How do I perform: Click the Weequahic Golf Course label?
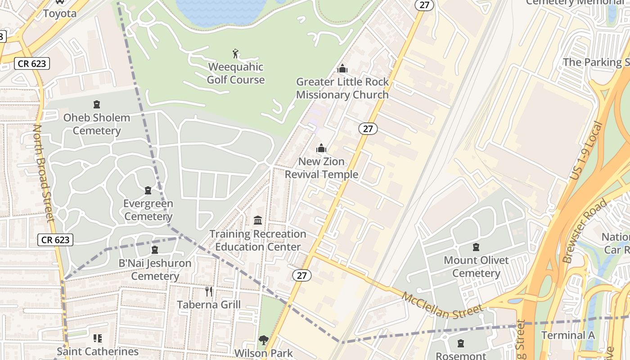coord(236,73)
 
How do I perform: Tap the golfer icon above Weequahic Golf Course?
coord(235,54)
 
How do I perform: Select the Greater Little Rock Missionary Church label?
coord(342,88)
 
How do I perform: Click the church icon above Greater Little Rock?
coord(342,69)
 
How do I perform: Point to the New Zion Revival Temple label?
coord(321,168)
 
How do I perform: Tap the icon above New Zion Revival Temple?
coord(321,148)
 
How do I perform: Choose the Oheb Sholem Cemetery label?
coord(96,124)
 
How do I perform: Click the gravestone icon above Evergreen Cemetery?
coord(148,191)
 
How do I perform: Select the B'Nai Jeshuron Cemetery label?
coord(155,269)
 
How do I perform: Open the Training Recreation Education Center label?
coord(258,240)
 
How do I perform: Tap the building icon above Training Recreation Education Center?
coord(258,220)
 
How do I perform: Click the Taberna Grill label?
coord(209,305)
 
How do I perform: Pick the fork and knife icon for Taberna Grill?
coord(209,291)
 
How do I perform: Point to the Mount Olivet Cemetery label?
coord(476,266)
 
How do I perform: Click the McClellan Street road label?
coord(442,306)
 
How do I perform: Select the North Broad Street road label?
coord(44,173)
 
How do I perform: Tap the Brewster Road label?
coord(585,230)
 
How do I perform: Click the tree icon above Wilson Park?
coord(263,340)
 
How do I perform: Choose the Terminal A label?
coord(568,335)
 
